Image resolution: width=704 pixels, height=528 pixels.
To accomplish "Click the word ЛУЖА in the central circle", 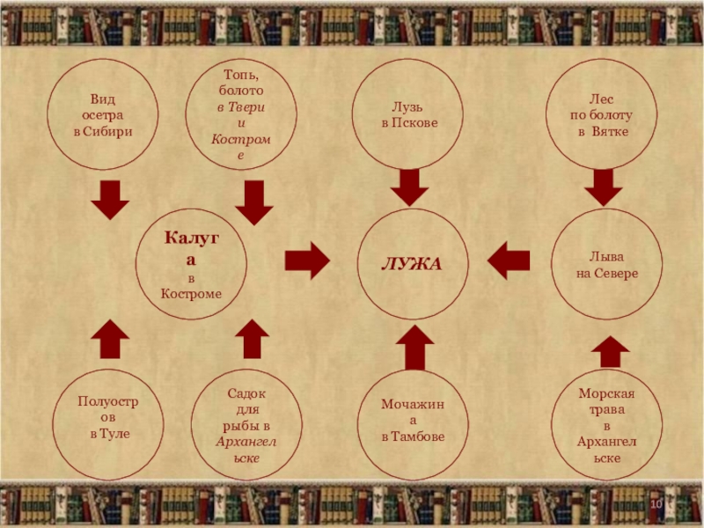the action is pyautogui.click(x=410, y=264).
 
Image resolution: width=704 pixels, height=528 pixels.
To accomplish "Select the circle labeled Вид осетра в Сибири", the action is pyautogui.click(x=103, y=116).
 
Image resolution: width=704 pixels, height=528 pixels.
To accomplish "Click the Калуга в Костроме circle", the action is pyautogui.click(x=192, y=264).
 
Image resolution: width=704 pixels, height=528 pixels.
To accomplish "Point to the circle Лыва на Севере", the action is pyautogui.click(x=606, y=264).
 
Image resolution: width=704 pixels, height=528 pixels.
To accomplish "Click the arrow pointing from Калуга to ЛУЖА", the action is pyautogui.click(x=307, y=260).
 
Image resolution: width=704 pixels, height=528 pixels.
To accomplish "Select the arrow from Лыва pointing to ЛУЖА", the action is pyautogui.click(x=508, y=260).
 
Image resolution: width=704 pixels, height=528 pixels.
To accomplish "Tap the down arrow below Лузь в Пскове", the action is pyautogui.click(x=409, y=188).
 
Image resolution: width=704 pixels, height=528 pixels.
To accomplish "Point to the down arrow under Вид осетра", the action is pyautogui.click(x=110, y=202).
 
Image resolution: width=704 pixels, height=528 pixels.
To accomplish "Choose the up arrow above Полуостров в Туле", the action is pyautogui.click(x=110, y=339).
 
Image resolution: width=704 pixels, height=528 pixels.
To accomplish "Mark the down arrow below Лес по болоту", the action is pyautogui.click(x=603, y=187).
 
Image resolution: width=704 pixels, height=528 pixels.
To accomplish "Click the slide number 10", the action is pyautogui.click(x=656, y=502).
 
